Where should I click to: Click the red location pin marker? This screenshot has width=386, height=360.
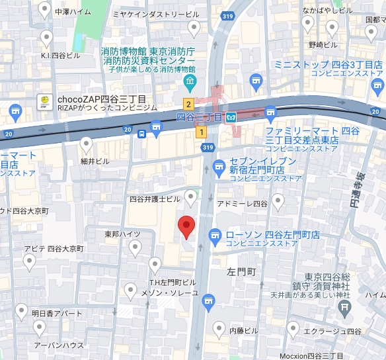click(x=187, y=227)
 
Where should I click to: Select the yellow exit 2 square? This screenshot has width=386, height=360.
click(x=188, y=104)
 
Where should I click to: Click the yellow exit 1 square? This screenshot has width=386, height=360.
click(x=200, y=132)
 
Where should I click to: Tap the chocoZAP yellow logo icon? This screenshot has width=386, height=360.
click(x=44, y=101)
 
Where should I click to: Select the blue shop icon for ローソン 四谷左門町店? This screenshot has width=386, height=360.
click(x=215, y=235)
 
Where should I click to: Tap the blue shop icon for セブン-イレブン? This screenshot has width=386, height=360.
click(x=219, y=165)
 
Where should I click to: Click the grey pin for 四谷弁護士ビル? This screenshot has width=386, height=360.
click(x=191, y=197)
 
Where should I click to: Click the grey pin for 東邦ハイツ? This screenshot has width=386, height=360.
click(x=135, y=247)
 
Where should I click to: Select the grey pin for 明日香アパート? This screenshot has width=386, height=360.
click(x=22, y=311)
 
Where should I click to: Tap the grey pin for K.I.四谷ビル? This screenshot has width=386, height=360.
click(x=47, y=37)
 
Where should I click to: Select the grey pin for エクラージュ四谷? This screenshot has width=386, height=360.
click(x=291, y=329)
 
